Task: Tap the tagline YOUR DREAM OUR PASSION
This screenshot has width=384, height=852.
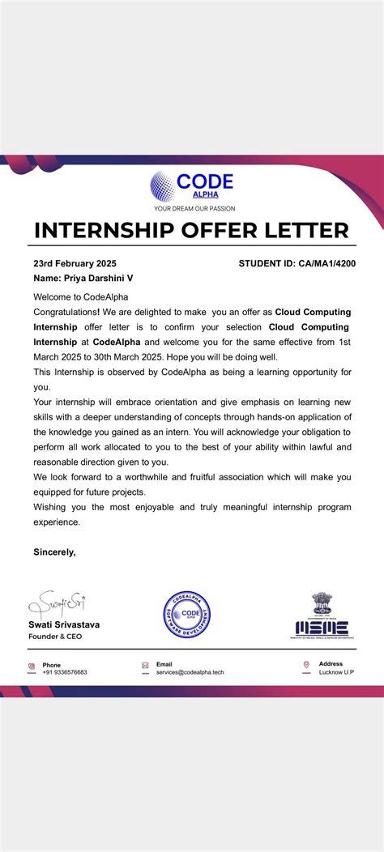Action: coord(192,208)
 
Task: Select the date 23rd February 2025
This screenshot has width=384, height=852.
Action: coord(75,263)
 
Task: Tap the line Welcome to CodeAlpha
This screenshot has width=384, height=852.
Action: coord(80,297)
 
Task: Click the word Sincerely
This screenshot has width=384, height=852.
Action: coord(54,552)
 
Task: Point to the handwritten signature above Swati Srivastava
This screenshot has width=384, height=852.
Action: coord(58,604)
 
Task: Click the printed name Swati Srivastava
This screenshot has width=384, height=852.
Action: coord(65,624)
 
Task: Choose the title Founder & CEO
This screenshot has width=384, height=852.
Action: coord(55,637)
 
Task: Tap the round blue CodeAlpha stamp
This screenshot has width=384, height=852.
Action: coord(191,613)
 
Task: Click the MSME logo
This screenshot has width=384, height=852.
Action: coord(322,617)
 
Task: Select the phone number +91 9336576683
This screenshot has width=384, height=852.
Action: coord(65,672)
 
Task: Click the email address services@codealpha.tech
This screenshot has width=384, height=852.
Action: coord(190,672)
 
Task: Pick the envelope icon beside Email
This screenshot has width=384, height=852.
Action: coord(145,666)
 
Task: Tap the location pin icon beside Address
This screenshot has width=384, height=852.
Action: coord(306,666)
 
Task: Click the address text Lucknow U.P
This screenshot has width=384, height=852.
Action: coord(336,672)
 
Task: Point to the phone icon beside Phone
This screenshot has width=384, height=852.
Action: coord(32,667)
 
